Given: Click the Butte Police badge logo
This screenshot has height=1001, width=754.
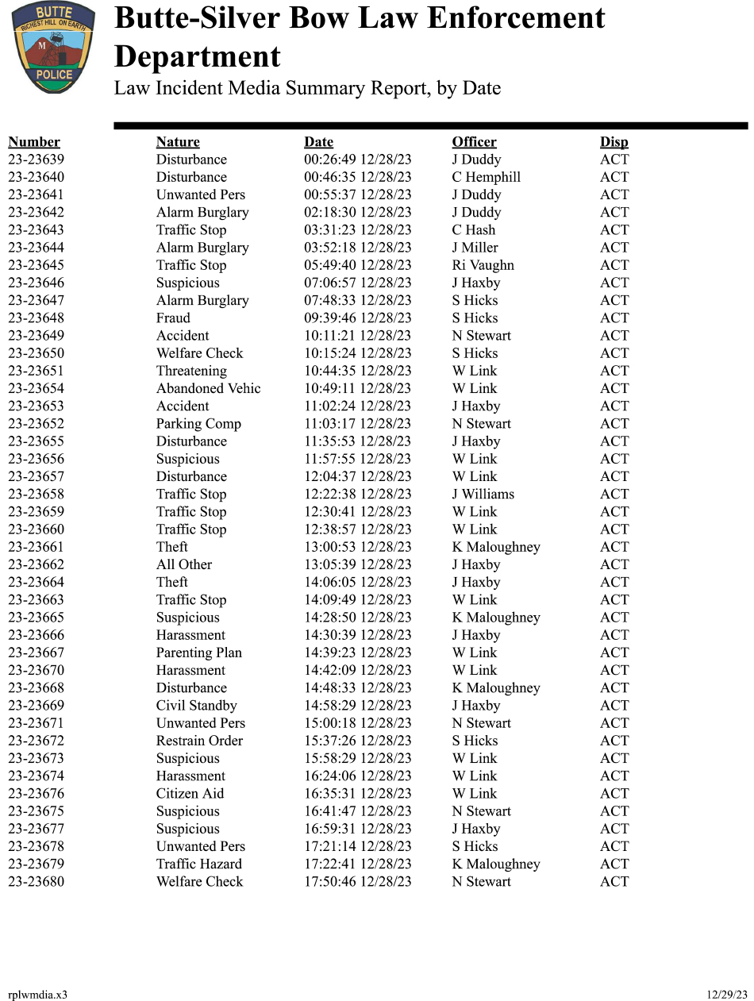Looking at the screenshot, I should coord(53,48).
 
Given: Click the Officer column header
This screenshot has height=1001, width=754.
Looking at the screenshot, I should coord(474,142).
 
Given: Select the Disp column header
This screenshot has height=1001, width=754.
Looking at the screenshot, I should coord(614,142).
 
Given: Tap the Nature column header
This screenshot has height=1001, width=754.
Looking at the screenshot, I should coord(178,142).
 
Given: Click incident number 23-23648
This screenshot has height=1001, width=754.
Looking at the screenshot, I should coord(37,318).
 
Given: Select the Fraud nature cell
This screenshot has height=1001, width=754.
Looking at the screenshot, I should coord(173,318).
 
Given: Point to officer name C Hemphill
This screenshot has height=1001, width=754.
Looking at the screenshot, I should coord(486,177).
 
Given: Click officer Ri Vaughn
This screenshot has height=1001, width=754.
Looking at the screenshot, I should coord(483,265).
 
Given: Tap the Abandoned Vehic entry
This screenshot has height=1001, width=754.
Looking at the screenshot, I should coord(208,388).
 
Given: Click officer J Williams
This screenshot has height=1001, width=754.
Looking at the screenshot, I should coord(483,494).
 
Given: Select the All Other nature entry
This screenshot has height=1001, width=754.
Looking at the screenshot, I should coord(184,564).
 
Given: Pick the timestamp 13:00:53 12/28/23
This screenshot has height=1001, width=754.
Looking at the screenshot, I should coord(357,547).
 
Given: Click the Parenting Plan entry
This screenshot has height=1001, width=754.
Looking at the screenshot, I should coord(198,653).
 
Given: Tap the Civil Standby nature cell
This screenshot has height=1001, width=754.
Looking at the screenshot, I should coord(196,706).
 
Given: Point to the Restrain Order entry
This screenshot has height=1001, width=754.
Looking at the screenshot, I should coord(199,741).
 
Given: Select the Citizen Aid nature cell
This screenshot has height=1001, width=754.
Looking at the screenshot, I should coord(190,794).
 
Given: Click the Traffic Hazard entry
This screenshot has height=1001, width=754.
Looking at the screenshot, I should coord(198,864).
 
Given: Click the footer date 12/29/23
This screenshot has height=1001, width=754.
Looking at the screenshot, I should coord(726,995).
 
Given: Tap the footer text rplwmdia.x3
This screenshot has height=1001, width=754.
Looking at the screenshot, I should coord(37,995).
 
